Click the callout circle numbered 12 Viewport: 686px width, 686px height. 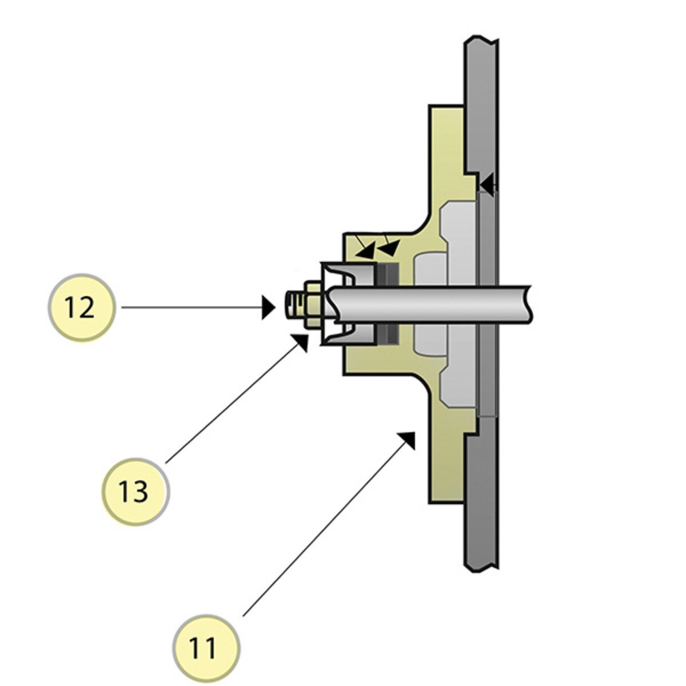(81, 308)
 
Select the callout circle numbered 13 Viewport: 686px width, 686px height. (135, 491)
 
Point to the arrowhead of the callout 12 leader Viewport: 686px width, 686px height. (269, 308)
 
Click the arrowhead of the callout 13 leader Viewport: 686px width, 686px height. (301, 341)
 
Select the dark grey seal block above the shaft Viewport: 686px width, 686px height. (387, 274)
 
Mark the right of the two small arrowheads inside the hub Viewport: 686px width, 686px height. (390, 248)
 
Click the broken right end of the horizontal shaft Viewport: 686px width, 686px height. (529, 304)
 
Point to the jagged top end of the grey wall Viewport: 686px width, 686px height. (481, 40)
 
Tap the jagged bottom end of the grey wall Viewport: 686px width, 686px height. (481, 568)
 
